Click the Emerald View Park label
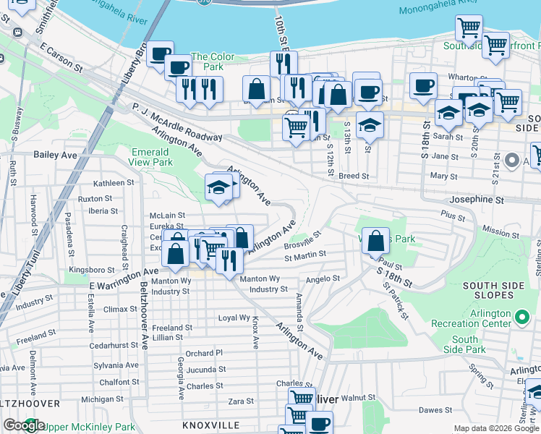[x=151, y=157]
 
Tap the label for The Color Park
[x=213, y=61]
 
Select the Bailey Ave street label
[x=55, y=155]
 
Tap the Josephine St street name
[x=476, y=199]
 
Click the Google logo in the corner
[x=24, y=425]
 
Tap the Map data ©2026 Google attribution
[x=496, y=428]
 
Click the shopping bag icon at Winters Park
[x=376, y=241]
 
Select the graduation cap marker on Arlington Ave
[x=218, y=188]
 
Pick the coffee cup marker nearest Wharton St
[x=423, y=85]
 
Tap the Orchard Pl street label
[x=205, y=353]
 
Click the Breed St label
[x=354, y=176]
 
